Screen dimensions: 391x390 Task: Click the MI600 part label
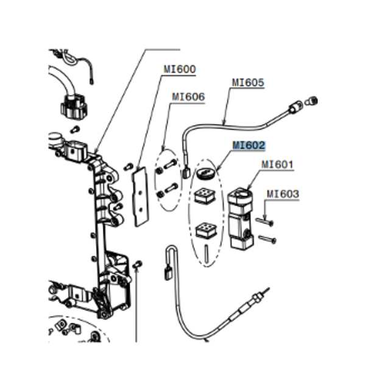click(179, 69)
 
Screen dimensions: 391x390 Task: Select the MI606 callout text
click(188, 97)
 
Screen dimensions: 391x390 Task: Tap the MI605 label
click(248, 83)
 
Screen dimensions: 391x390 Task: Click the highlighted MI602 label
click(249, 146)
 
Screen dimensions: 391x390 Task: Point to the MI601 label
click(277, 164)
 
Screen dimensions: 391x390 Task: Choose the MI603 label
click(283, 194)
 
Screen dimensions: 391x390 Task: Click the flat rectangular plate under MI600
click(141, 195)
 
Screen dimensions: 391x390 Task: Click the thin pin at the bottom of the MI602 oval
click(207, 252)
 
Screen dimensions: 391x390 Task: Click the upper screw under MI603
click(264, 220)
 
